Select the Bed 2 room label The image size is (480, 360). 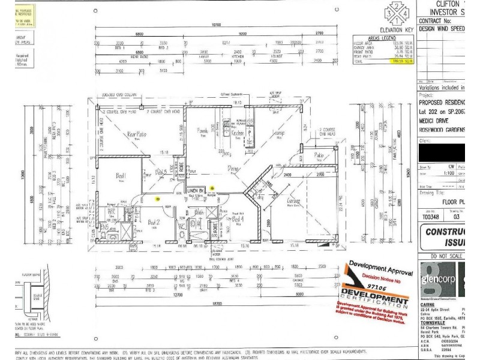[x=154, y=221]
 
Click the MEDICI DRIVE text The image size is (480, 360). [x=434, y=118]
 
